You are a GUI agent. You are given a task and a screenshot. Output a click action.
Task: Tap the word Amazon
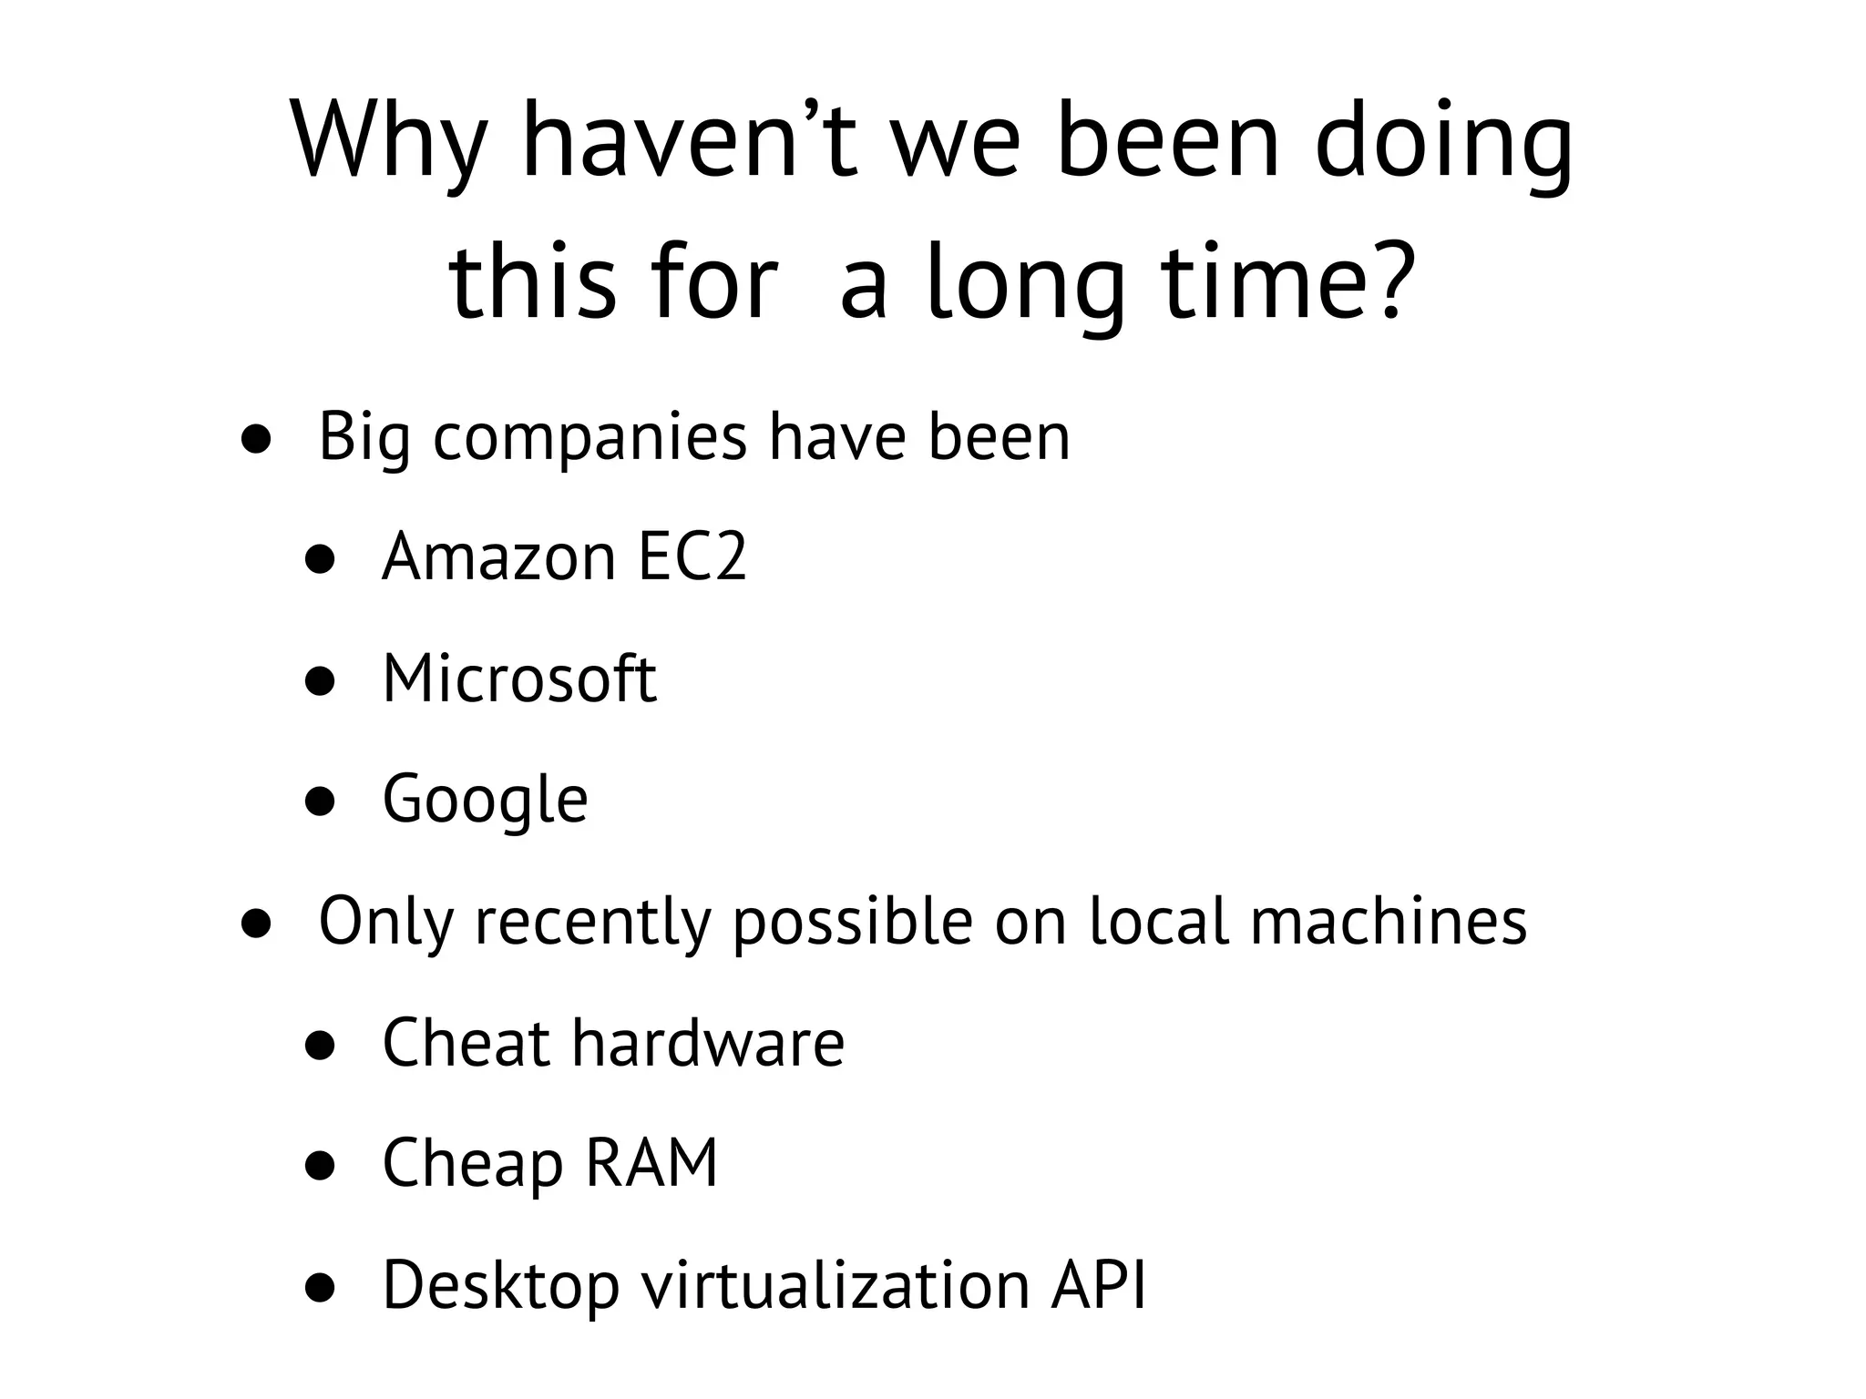[x=499, y=557]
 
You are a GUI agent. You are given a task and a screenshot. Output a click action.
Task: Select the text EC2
[x=692, y=557]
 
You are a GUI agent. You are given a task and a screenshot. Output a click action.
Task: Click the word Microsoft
[x=519, y=679]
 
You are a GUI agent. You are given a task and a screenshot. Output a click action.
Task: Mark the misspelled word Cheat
[x=466, y=1043]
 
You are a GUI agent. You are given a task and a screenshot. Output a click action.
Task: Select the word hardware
[x=708, y=1043]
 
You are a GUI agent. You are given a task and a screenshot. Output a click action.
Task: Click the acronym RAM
[x=651, y=1164]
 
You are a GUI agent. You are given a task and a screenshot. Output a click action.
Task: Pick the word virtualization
[x=836, y=1285]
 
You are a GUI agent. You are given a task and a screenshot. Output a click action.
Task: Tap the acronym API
[x=1098, y=1285]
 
